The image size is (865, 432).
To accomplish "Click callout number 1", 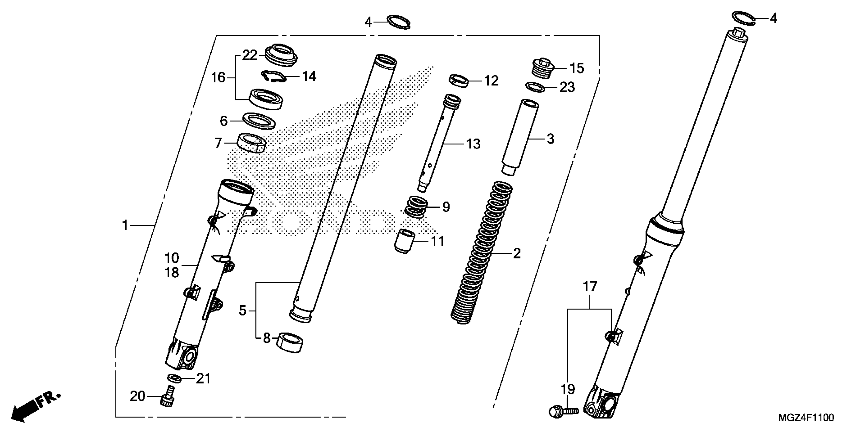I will point(125,225).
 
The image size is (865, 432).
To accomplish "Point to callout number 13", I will point(473,144).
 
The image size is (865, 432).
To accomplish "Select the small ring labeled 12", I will point(459,81).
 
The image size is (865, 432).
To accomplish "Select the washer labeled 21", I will point(175,378).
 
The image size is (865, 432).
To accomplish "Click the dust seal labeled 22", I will point(281,55).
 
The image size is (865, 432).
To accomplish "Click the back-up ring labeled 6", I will point(259,120).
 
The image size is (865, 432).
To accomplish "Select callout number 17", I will point(590,287).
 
